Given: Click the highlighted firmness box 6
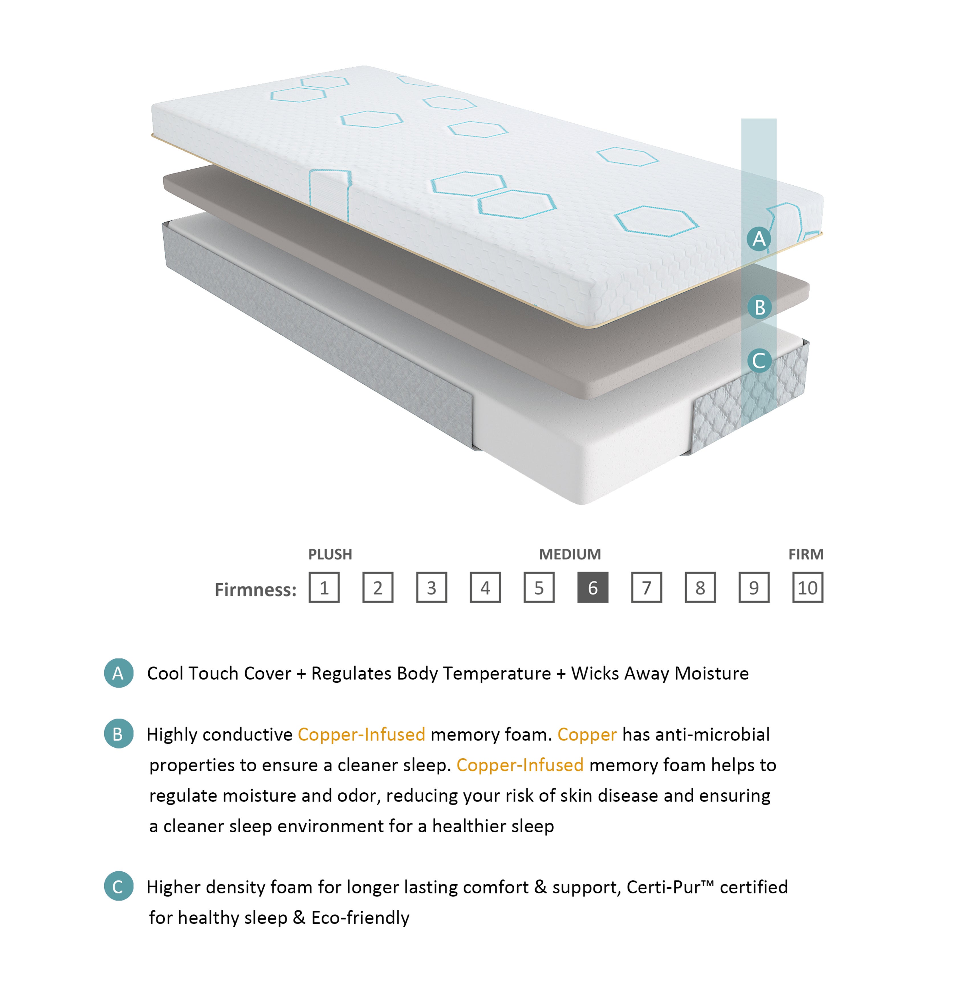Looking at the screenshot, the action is point(593,587).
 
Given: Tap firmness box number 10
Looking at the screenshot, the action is point(808,587).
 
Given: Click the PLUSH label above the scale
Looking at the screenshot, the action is point(330,554).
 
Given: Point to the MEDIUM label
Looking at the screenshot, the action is point(570,554).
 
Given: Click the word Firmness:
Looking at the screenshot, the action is point(255,590).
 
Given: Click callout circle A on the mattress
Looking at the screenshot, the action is point(759,239).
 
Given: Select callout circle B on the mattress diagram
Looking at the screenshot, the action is point(759,307).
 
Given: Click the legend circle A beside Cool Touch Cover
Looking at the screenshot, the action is point(119,673).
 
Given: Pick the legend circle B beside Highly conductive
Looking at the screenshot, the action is point(119,734).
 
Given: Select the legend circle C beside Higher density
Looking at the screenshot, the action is point(119,886).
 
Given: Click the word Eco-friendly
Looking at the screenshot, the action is point(360,917).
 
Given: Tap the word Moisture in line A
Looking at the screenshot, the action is point(711,673).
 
